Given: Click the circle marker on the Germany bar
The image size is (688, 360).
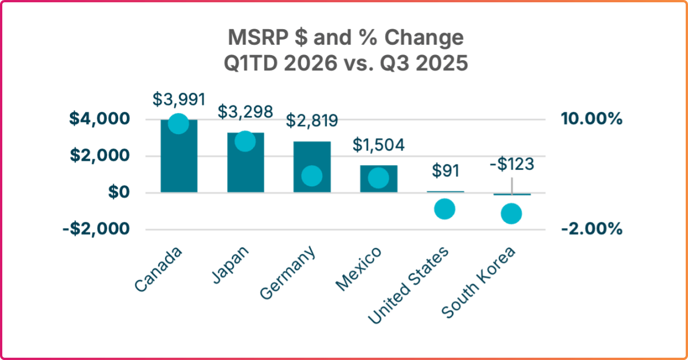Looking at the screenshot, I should [312, 176].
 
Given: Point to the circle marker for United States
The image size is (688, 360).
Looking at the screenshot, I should [445, 209].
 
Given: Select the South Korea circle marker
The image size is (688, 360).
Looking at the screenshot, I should [511, 214].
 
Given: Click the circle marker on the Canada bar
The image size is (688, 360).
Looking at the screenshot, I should [179, 123].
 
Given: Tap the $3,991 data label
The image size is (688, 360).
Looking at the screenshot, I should [179, 99].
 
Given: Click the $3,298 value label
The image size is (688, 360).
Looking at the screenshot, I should [245, 111].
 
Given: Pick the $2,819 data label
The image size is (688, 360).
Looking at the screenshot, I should [312, 121].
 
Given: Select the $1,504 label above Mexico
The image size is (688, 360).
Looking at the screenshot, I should [378, 144].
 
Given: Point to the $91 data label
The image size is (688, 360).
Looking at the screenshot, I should [445, 171].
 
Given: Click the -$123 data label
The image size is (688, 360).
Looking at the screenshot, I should [511, 165].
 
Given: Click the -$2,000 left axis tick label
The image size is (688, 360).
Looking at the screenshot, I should [97, 229].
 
